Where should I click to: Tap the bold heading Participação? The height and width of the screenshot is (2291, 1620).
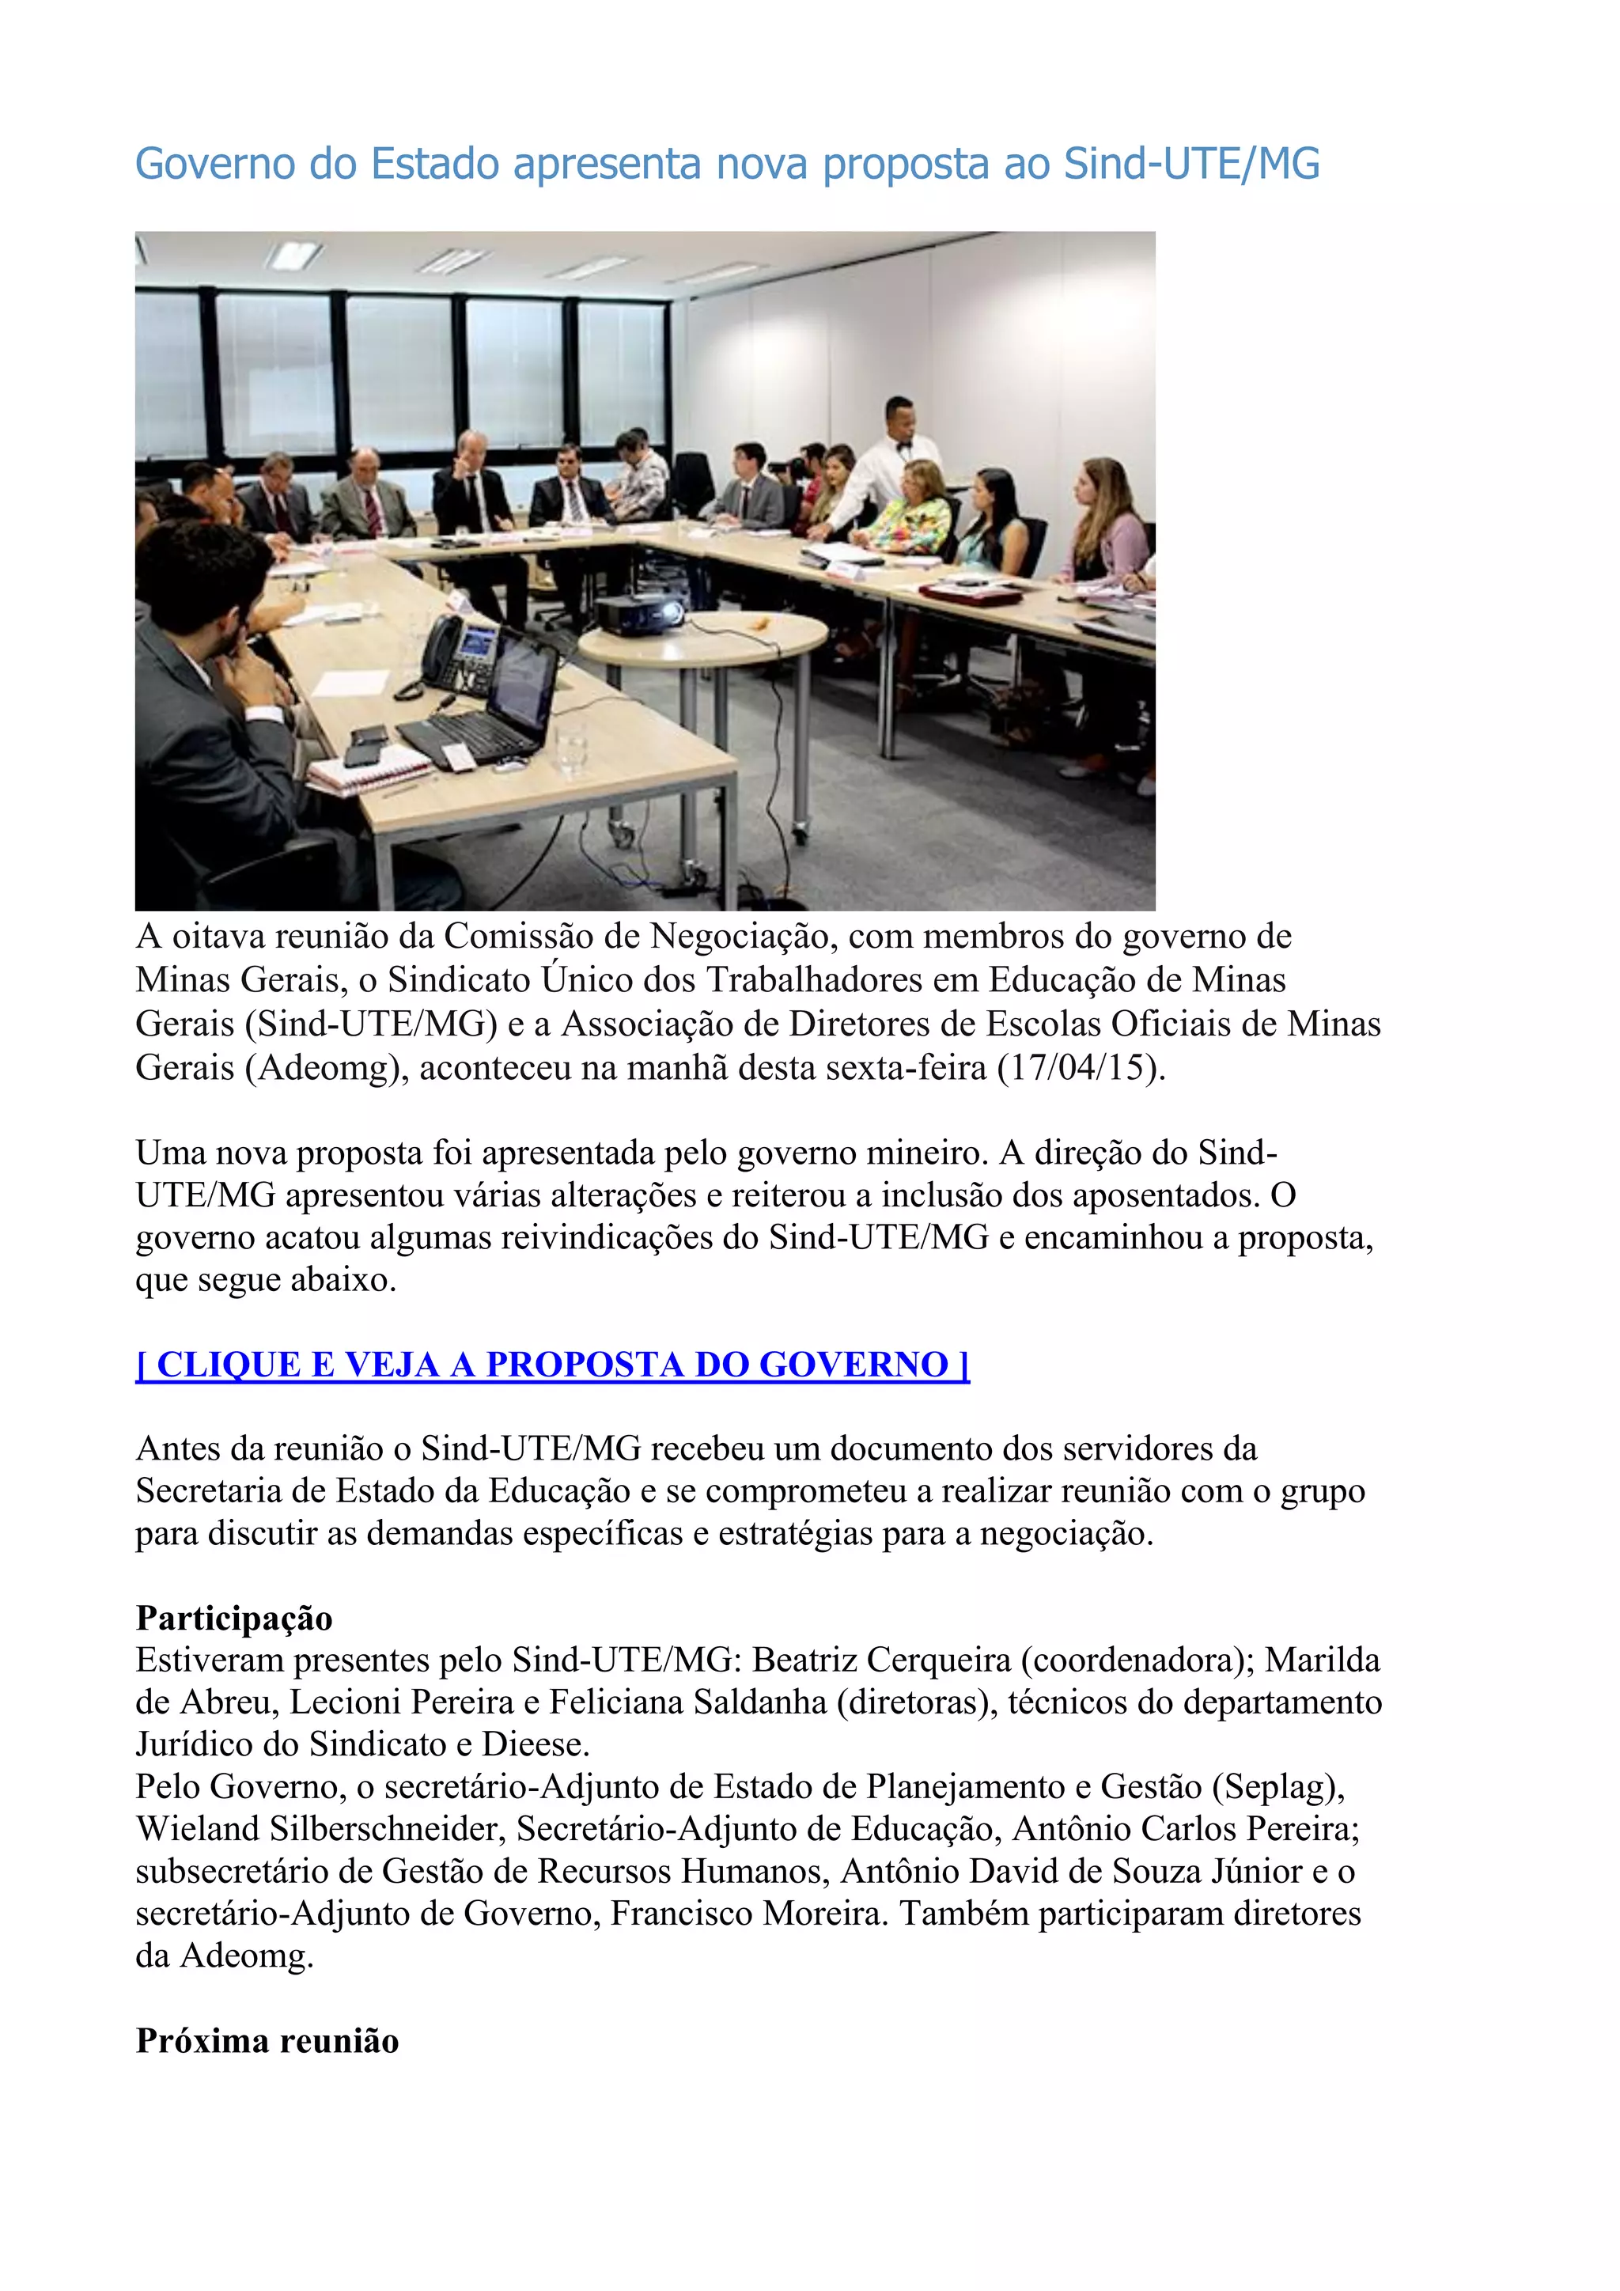(x=234, y=1618)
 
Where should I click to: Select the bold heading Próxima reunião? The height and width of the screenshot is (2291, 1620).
(x=267, y=2040)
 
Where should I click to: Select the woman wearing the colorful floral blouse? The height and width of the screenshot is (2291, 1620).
(x=910, y=511)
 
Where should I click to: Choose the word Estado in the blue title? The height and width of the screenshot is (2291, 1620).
(x=435, y=165)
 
